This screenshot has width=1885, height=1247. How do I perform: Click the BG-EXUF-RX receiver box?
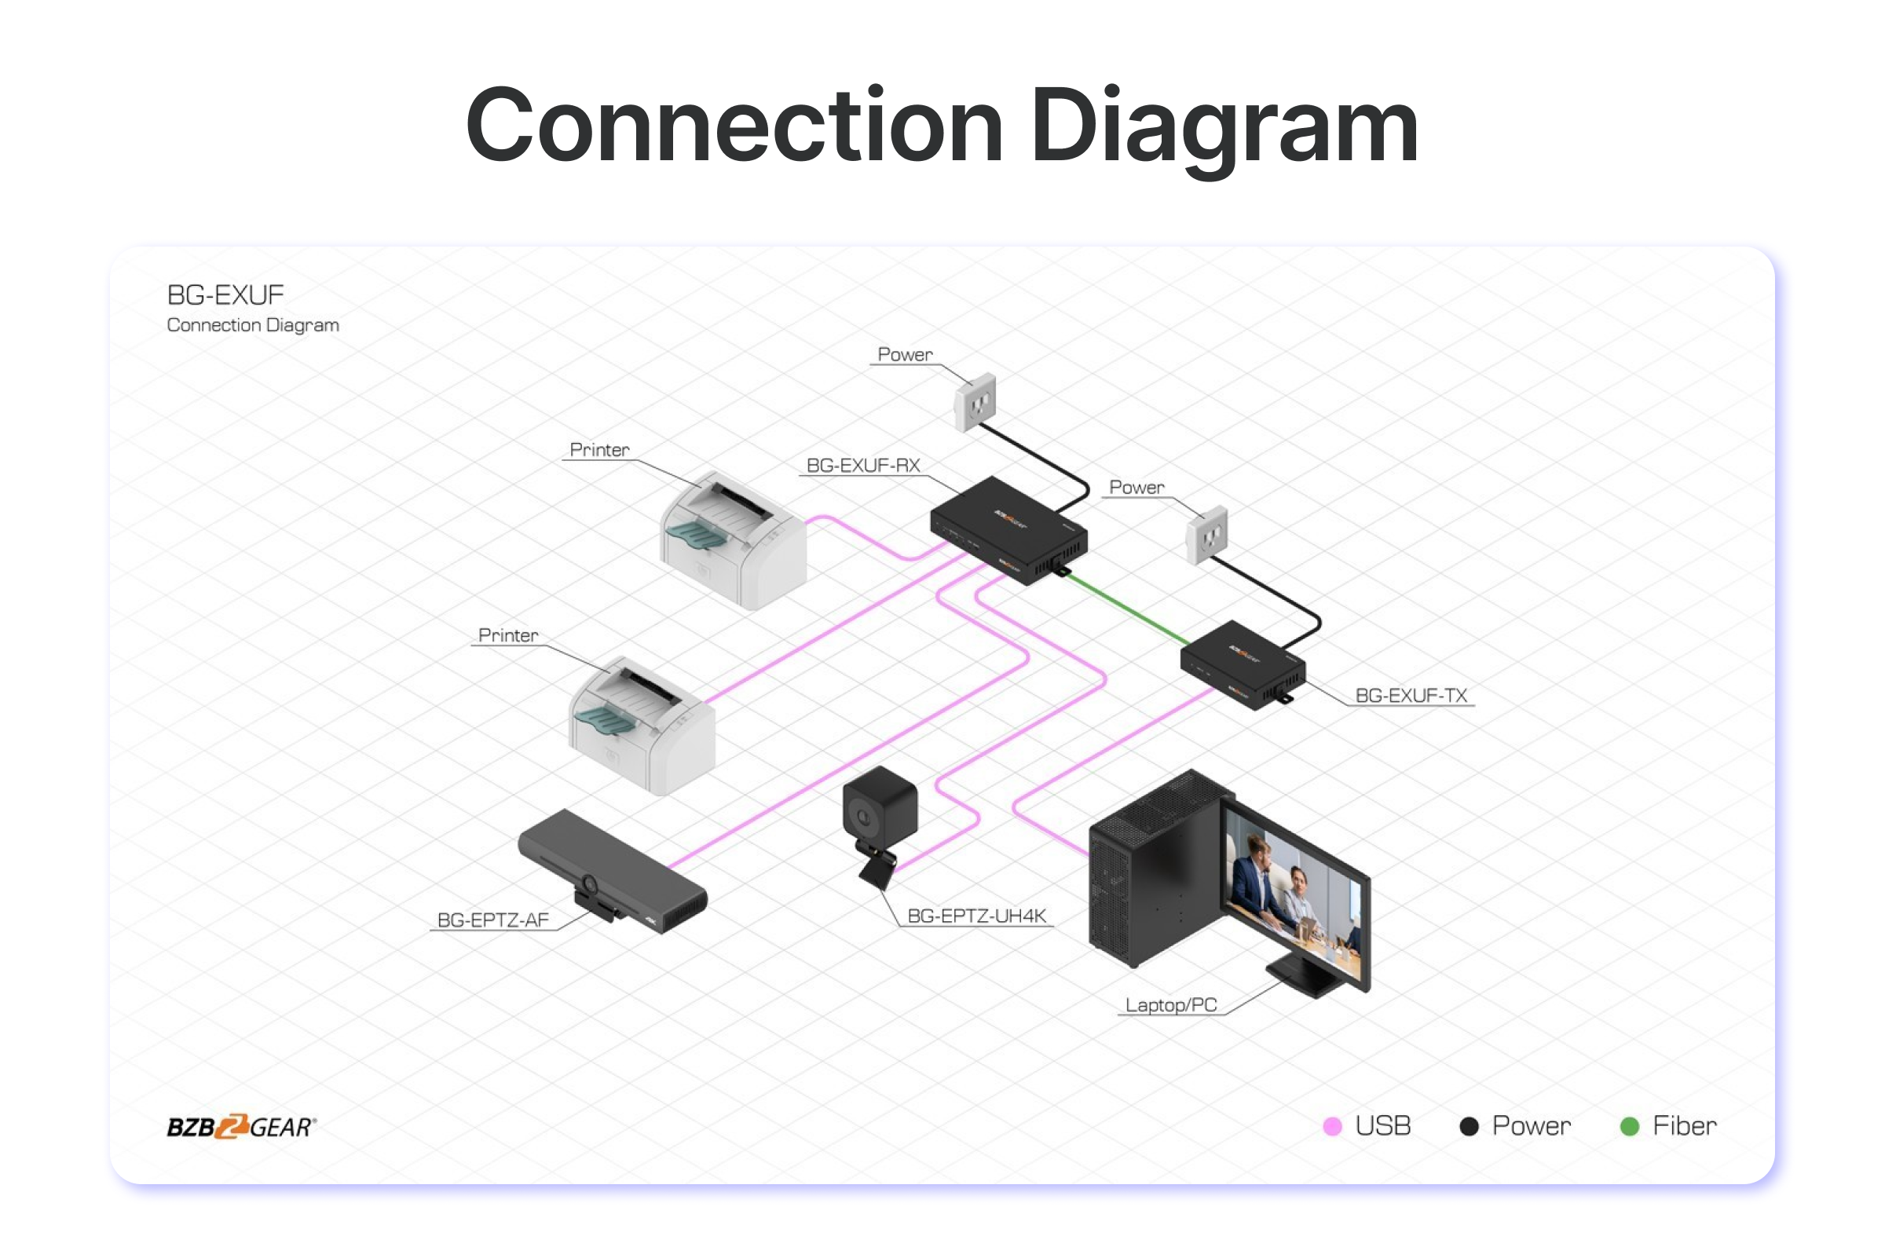coord(1008,531)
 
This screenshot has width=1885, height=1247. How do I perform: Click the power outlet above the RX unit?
coord(975,401)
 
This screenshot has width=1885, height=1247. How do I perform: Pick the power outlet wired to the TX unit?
coord(1206,536)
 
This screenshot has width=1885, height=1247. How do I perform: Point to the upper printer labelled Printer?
coord(734,541)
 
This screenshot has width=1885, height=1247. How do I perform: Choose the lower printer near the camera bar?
coord(642,726)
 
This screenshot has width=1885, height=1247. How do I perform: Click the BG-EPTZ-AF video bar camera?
coord(613,872)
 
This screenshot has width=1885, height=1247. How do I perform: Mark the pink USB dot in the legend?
coord(1332,1126)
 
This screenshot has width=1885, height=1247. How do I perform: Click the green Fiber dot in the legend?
coord(1630,1126)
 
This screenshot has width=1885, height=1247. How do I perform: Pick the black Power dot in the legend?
coord(1469,1126)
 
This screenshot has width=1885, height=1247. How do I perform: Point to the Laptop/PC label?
coord(1171,1005)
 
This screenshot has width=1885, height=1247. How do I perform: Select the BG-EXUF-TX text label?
coord(1411,696)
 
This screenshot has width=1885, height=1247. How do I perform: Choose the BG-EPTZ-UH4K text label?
coord(977,916)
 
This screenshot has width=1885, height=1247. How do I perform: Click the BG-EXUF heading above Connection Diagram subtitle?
coord(225,295)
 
